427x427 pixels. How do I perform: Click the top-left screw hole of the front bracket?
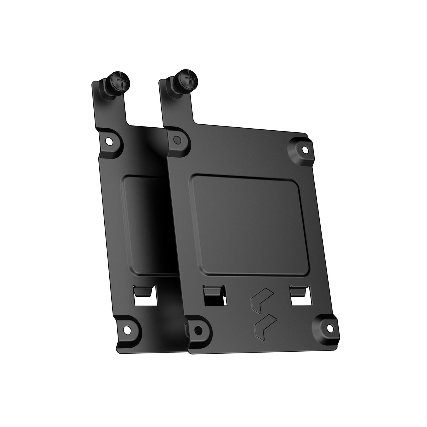177,139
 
